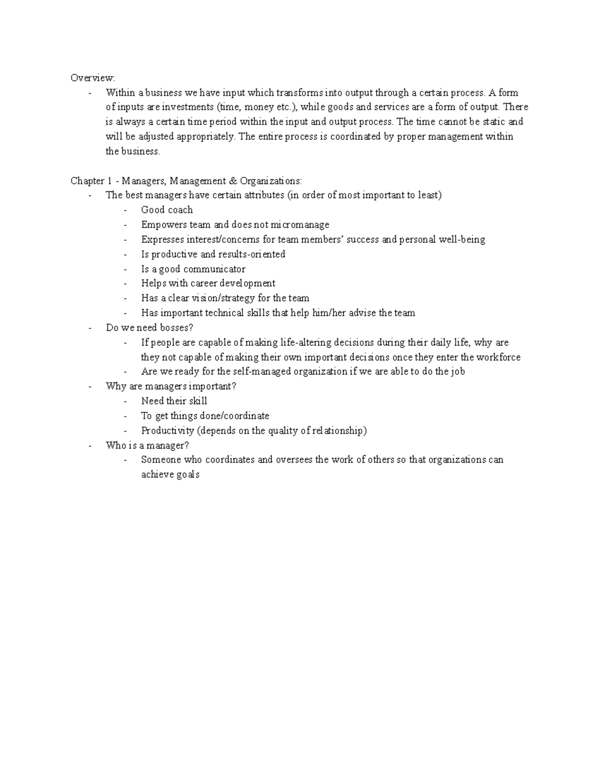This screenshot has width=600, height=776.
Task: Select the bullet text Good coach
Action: tap(167, 210)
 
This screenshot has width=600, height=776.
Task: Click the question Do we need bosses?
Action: tap(149, 328)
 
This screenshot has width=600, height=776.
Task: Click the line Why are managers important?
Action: tap(171, 386)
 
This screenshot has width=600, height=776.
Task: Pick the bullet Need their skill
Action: tap(174, 401)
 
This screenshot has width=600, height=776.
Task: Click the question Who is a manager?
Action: tap(147, 445)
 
